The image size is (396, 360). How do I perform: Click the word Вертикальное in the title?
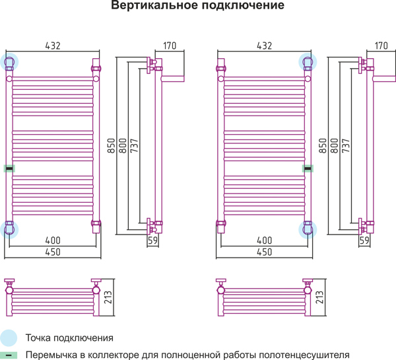(154, 5)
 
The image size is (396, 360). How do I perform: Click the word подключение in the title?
(243, 5)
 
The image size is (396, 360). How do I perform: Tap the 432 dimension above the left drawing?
(53, 46)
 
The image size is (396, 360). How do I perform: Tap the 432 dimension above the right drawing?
(265, 46)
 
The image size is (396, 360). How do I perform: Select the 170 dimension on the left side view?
(170, 46)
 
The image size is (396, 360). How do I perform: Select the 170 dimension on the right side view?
(381, 46)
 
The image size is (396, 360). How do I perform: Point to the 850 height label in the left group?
(111, 145)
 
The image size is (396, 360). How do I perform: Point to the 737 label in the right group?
(346, 145)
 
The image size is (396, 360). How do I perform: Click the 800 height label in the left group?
(123, 145)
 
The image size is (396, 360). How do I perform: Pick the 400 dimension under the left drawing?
(53, 240)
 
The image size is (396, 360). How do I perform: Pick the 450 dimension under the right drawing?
(265, 252)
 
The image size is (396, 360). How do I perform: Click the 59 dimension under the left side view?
(152, 240)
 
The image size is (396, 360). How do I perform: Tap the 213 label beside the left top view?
(108, 297)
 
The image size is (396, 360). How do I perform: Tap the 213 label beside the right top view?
(319, 297)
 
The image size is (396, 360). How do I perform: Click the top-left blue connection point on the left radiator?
(9, 62)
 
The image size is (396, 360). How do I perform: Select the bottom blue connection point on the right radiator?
(308, 230)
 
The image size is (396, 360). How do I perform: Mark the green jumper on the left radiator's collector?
(9, 168)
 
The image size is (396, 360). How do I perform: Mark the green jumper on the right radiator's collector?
(308, 168)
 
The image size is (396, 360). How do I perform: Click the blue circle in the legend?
(8, 338)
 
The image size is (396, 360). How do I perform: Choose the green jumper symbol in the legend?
(9, 355)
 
